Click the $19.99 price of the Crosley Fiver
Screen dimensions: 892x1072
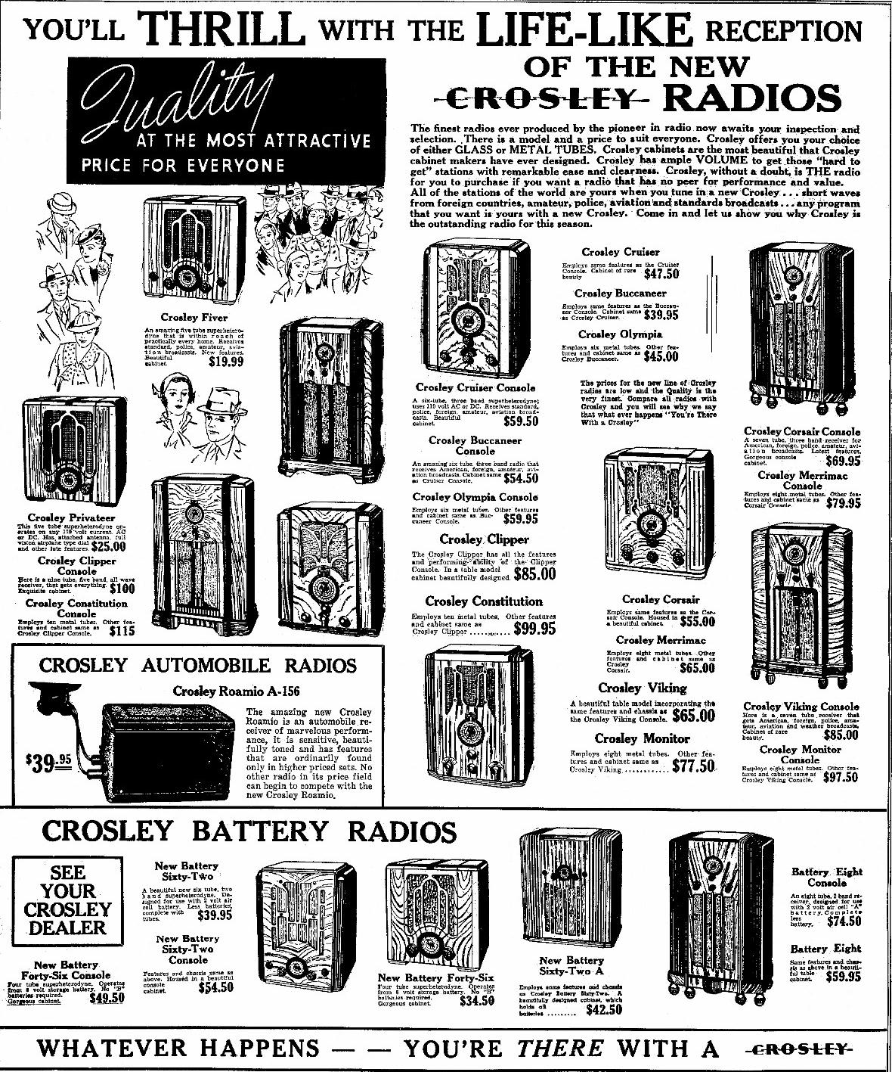[x=226, y=362]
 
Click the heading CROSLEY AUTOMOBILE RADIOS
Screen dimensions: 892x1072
[x=197, y=666]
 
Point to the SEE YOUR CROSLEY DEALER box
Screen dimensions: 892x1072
[x=68, y=900]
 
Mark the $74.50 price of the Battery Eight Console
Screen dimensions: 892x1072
[x=844, y=921]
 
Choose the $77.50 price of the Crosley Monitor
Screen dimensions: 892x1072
[x=692, y=766]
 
